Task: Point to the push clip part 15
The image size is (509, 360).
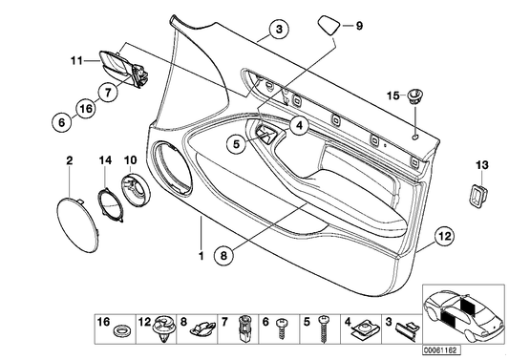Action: point(417,95)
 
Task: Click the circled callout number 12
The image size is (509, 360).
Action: point(443,235)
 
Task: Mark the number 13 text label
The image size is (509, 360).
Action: point(479,166)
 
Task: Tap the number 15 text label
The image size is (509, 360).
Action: point(392,95)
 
